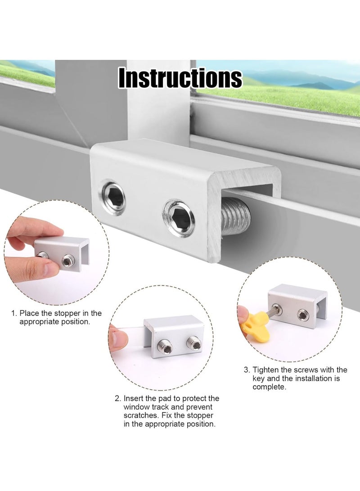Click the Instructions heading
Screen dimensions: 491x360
pos(180,77)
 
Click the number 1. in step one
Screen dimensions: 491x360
pos(14,313)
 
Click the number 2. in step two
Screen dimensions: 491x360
pos(118,398)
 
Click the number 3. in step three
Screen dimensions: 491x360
pos(247,369)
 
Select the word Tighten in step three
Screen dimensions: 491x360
pos(266,369)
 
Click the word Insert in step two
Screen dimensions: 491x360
pos(134,398)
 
